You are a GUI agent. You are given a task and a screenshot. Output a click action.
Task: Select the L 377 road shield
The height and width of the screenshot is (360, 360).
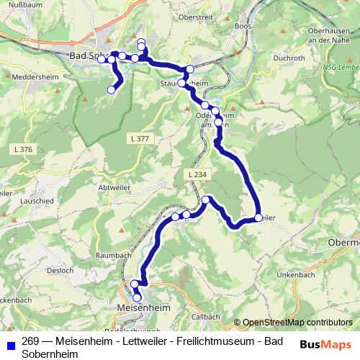tap(140, 138)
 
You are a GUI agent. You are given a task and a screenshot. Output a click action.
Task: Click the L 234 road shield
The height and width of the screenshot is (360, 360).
tap(196, 174)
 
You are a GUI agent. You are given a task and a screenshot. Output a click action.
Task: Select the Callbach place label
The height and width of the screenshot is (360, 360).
tap(206, 316)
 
